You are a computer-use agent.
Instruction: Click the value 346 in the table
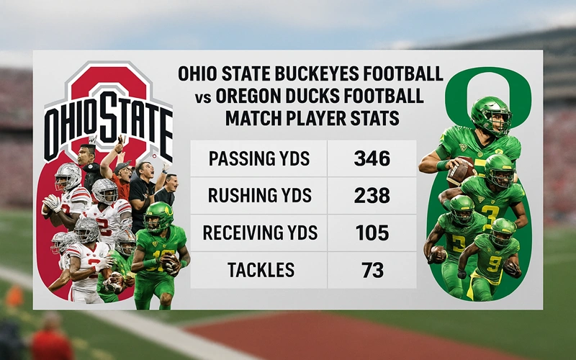point(372,158)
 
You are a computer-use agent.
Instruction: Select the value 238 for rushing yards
point(372,195)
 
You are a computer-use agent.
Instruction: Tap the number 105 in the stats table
point(372,233)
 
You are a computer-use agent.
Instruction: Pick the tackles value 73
point(372,270)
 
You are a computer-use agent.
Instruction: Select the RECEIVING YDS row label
point(260,233)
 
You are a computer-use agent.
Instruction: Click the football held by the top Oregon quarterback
point(461,171)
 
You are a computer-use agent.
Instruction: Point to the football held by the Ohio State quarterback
point(53,203)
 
